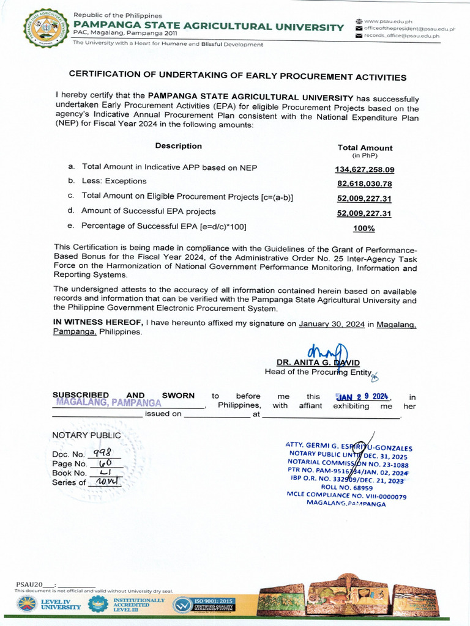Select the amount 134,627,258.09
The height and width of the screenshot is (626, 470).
coord(364,169)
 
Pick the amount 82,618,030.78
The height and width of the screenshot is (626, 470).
coord(364,183)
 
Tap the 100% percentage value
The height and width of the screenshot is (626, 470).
coord(364,228)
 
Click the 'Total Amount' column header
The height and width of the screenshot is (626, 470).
coord(365,147)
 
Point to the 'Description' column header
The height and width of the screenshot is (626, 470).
coord(178,146)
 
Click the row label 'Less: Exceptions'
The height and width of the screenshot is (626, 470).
coord(114,181)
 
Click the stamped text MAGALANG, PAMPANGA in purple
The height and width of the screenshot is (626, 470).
coord(108,403)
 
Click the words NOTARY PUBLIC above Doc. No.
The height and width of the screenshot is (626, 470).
coord(86,435)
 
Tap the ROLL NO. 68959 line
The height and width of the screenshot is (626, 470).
coord(346,488)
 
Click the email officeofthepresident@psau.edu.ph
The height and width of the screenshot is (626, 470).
coord(409,29)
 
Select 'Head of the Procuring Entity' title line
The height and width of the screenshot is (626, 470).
coord(318,372)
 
